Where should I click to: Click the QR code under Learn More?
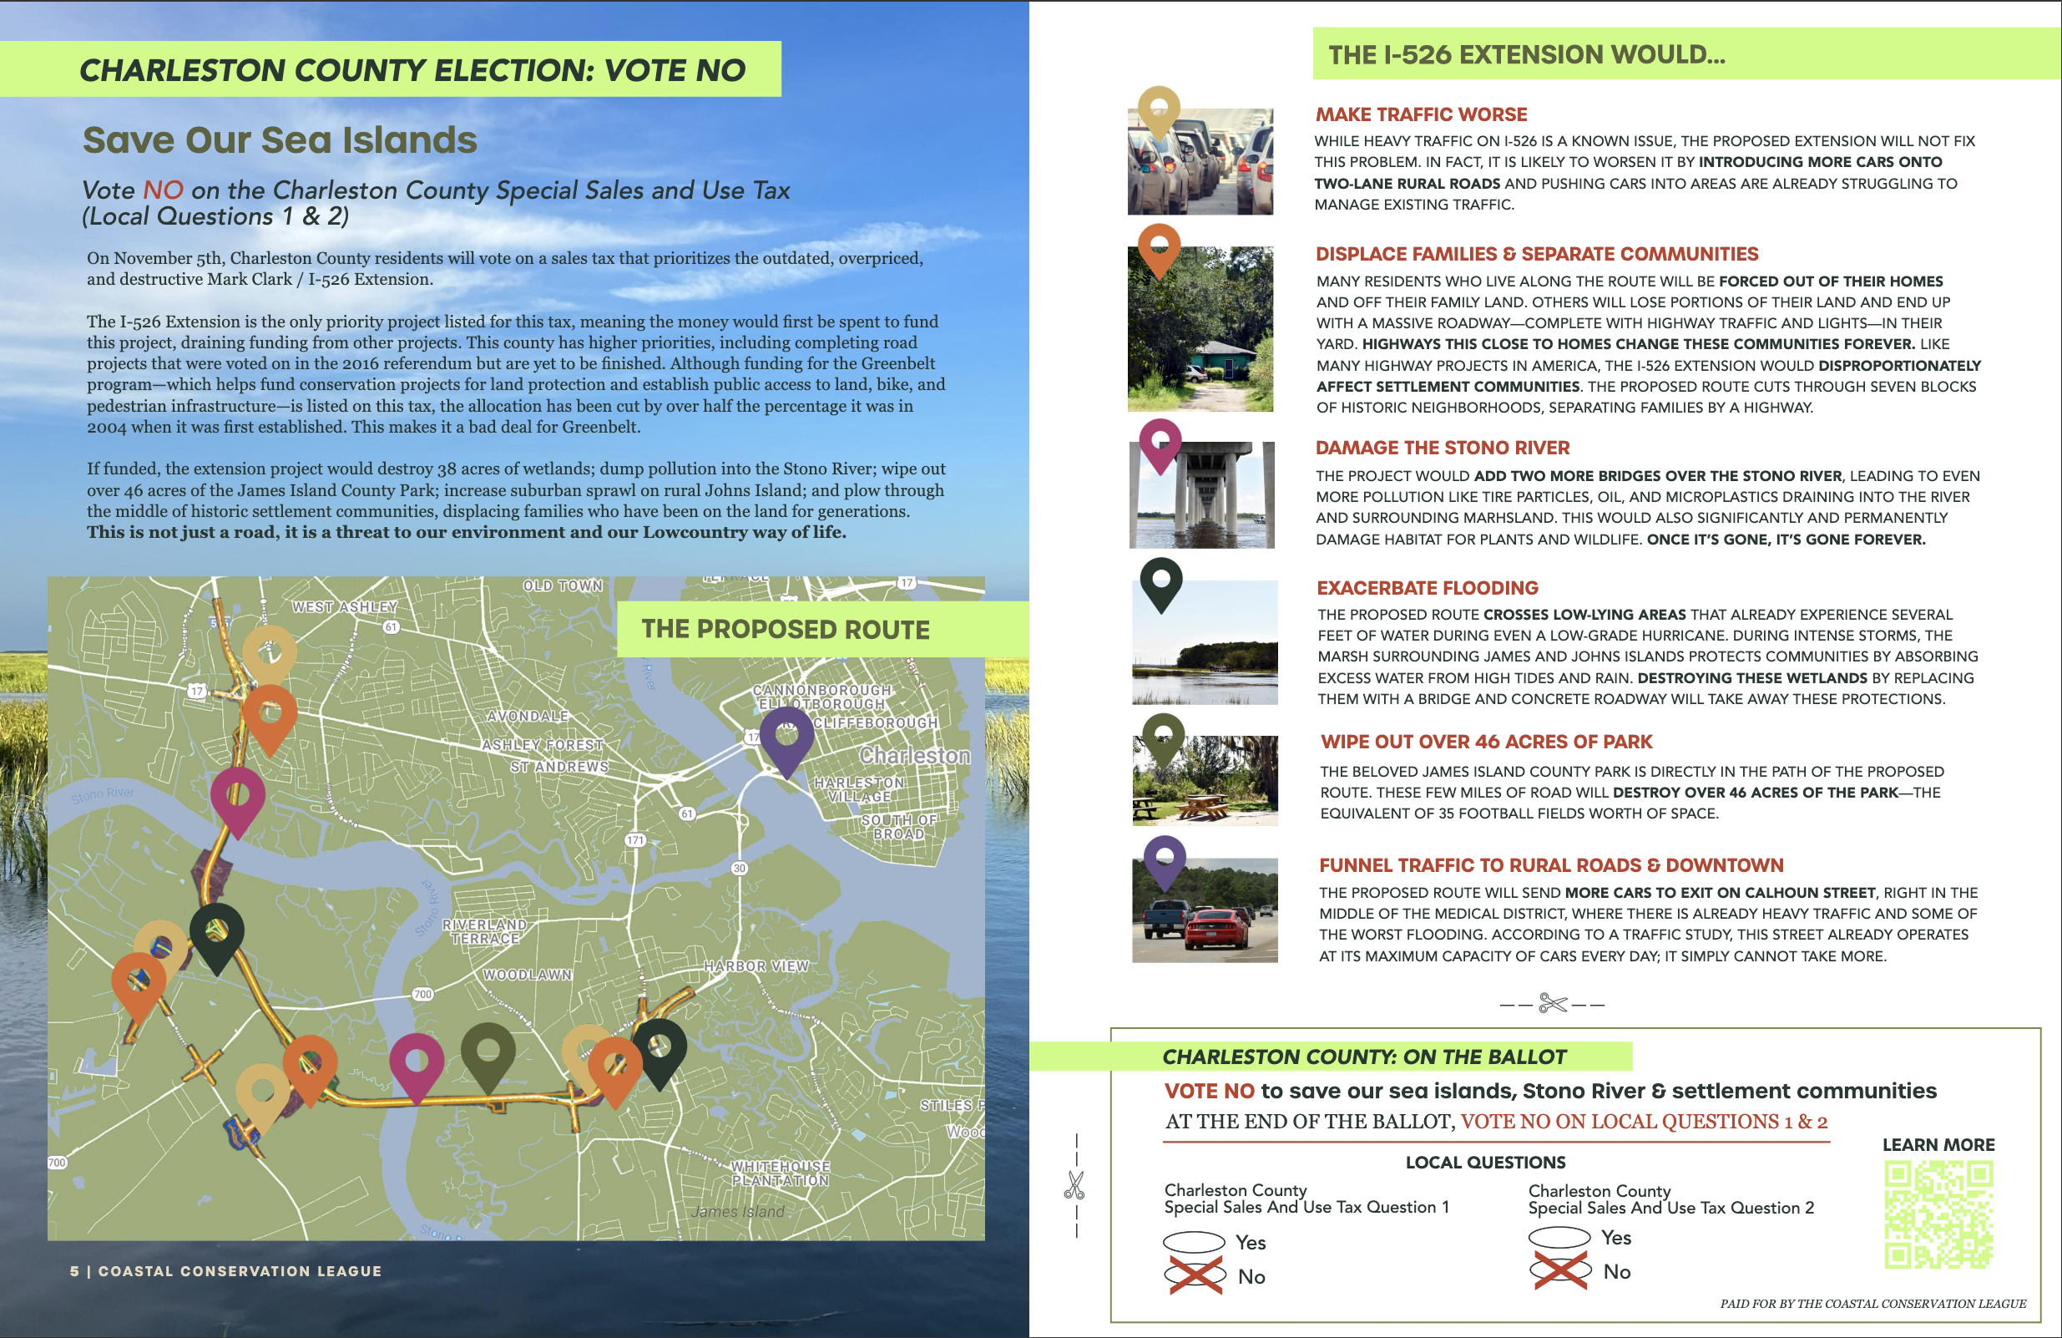pyautogui.click(x=1938, y=1215)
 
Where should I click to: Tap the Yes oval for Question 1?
pyautogui.click(x=1193, y=1242)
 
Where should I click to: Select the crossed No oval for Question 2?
pyautogui.click(x=1559, y=1270)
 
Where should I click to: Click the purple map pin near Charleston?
pyautogui.click(x=786, y=736)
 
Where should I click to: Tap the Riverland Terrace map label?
pyautogui.click(x=484, y=931)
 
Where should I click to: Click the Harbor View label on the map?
pyautogui.click(x=756, y=965)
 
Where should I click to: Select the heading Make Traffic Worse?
pyautogui.click(x=1421, y=114)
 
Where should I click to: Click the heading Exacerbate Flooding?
pyautogui.click(x=1427, y=587)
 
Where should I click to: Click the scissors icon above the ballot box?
pyautogui.click(x=1553, y=1004)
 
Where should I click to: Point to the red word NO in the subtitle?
pyautogui.click(x=163, y=190)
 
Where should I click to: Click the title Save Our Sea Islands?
pyautogui.click(x=279, y=140)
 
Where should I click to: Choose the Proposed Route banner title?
pyautogui.click(x=785, y=629)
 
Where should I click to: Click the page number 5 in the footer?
pyautogui.click(x=74, y=1271)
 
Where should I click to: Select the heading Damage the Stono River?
pyautogui.click(x=1442, y=448)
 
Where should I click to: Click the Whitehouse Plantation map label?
pyautogui.click(x=780, y=1173)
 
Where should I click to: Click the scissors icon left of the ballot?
pyautogui.click(x=1074, y=1184)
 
